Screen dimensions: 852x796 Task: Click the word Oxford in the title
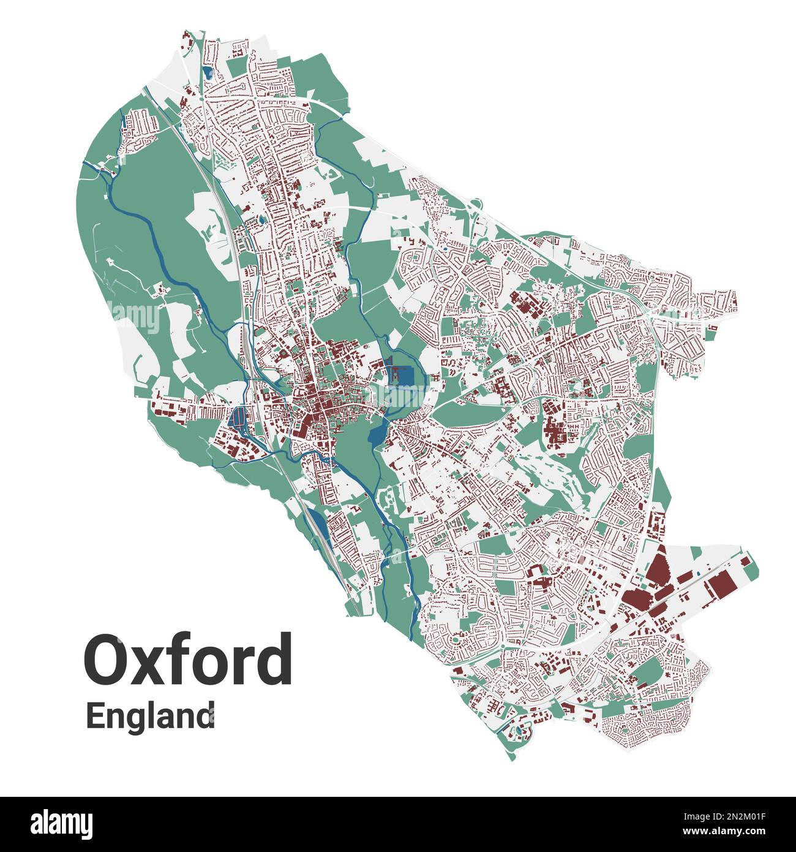[188, 660]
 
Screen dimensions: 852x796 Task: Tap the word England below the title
[150, 717]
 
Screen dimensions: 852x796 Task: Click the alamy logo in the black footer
[61, 824]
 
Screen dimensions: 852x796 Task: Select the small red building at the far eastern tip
[745, 561]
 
